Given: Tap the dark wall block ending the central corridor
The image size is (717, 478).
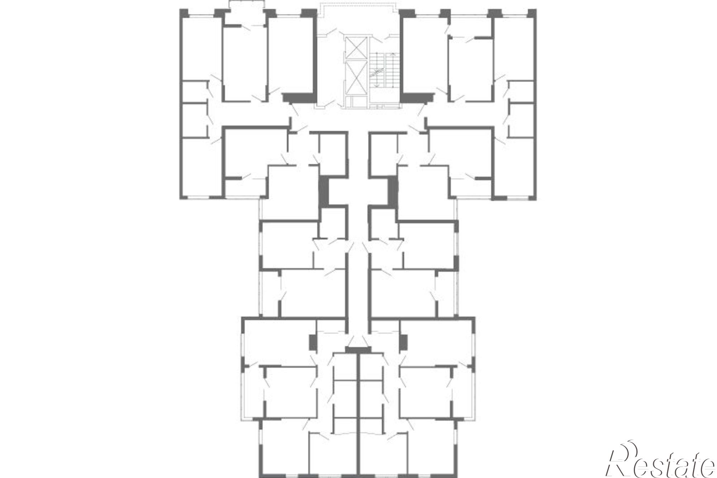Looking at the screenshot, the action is coord(358,350).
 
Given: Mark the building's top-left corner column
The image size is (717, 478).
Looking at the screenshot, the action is coord(184,13).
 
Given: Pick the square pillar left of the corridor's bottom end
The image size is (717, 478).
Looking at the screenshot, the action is coord(313,342).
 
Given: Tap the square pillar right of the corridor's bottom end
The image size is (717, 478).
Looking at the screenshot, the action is coord(404,342).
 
